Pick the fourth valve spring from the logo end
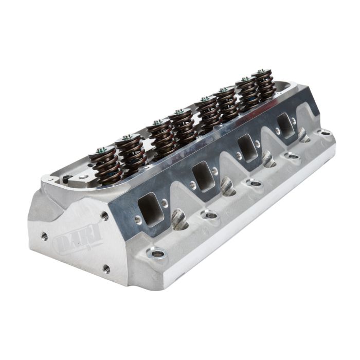(x=183, y=127)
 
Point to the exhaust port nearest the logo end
(x=150, y=209)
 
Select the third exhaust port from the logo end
(x=247, y=149)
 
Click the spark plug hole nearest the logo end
(x=179, y=220)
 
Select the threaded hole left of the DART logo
(x=44, y=236)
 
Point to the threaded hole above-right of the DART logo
(x=104, y=216)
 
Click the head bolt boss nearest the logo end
(x=156, y=253)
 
